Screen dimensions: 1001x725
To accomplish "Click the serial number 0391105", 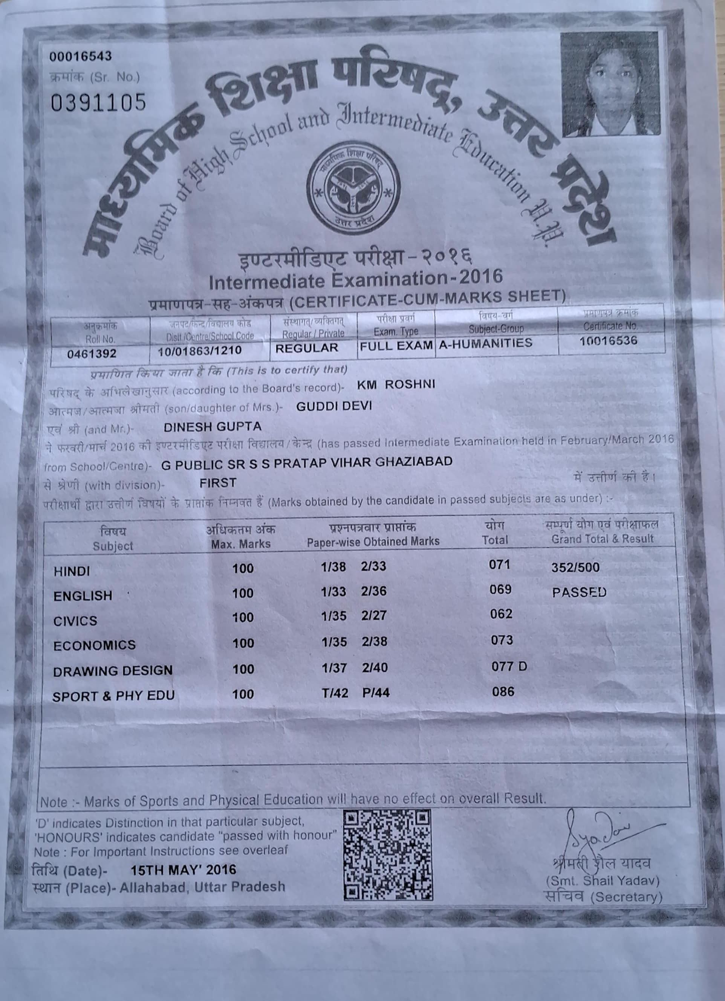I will (98, 103).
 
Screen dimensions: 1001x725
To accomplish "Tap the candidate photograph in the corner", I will (610, 84).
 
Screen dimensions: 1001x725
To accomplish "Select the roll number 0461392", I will (92, 354).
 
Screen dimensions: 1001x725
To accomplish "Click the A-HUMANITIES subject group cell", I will (485, 343).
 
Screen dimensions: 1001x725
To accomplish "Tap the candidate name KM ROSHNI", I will (396, 385).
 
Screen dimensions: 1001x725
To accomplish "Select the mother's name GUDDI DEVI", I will (334, 406).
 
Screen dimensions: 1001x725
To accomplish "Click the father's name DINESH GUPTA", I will (213, 427).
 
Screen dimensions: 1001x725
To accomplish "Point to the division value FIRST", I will (218, 483).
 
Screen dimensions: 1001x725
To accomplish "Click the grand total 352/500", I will (575, 567).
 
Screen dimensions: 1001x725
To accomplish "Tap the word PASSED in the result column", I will (579, 592).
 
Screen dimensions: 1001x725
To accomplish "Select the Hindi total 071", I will (499, 565).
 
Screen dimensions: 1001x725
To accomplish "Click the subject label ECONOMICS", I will (95, 645).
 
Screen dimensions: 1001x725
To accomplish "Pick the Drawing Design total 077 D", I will (509, 666).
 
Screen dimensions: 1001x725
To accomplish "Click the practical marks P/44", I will (376, 693).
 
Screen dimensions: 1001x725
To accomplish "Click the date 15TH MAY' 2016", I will (183, 870).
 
